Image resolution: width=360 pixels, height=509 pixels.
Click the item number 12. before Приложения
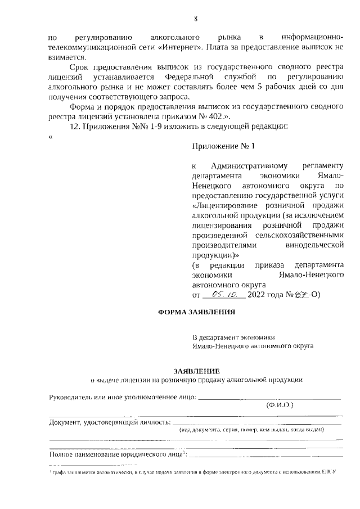coord(75,126)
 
